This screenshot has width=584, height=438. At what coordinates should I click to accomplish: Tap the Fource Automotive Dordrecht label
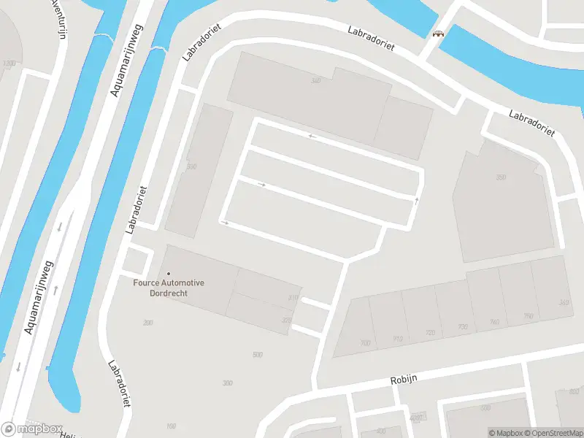pos(169,288)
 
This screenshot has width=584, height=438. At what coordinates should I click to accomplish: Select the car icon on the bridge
pos(439,34)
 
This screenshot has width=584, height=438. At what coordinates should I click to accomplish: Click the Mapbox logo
pos(33,429)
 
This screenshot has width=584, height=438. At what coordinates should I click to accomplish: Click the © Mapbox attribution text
pos(507,433)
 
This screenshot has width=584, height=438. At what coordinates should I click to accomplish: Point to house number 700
pos(366,342)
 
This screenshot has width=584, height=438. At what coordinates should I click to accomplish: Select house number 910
pos(398,338)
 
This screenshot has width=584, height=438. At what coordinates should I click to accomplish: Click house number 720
pos(430,333)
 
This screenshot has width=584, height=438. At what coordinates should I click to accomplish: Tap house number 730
pos(462,327)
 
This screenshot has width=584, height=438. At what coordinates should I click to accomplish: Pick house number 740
pos(495,322)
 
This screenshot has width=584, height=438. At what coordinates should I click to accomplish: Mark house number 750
pos(528,316)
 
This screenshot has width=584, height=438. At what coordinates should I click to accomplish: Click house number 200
pos(149,322)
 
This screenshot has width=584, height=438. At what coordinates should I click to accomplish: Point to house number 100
pos(172,426)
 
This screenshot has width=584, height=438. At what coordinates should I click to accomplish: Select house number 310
pos(293,298)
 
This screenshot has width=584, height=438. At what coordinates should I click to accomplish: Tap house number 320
pos(286,320)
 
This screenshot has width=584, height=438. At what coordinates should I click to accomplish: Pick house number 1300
pos(9,64)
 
